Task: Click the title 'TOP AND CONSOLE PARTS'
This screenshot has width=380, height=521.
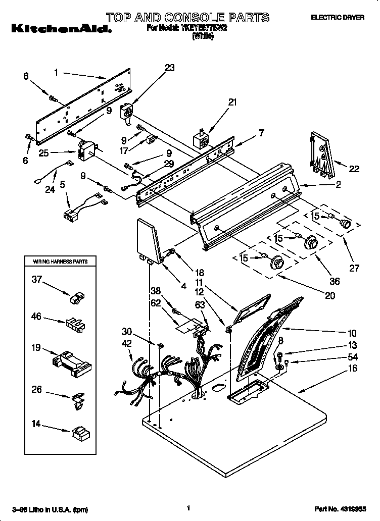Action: tap(187, 18)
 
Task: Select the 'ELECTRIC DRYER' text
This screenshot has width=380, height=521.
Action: tap(337, 18)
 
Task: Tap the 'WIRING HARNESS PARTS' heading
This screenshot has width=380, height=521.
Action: tap(60, 262)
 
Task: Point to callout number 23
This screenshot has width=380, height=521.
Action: tap(169, 68)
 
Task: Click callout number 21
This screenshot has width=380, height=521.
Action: tap(232, 102)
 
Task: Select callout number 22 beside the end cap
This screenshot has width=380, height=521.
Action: tap(354, 169)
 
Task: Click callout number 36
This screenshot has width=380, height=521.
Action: tap(334, 281)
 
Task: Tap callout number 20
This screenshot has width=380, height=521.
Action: tap(329, 296)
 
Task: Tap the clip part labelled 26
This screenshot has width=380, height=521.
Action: tap(78, 400)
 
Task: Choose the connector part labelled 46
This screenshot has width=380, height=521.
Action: tap(74, 323)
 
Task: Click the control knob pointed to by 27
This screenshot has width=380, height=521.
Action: tap(346, 224)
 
